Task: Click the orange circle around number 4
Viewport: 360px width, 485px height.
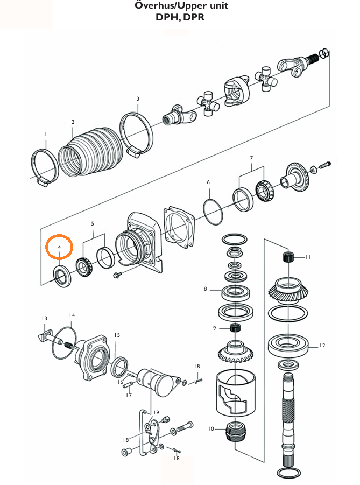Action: click(x=60, y=248)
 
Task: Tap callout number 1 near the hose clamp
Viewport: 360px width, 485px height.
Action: click(x=46, y=134)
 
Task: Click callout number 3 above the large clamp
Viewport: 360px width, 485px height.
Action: click(x=138, y=99)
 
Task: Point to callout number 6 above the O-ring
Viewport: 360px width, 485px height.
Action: click(x=208, y=182)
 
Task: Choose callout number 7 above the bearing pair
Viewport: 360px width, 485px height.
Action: click(x=251, y=158)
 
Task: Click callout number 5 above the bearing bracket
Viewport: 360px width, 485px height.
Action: click(x=93, y=223)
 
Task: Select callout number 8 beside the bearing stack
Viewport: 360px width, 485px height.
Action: click(x=205, y=289)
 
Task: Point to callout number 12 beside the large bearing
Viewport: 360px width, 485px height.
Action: click(x=322, y=346)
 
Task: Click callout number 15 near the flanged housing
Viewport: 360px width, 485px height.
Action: click(x=117, y=335)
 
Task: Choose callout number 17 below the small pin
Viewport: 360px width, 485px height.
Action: click(x=129, y=396)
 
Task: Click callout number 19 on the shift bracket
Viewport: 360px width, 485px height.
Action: click(x=156, y=412)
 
